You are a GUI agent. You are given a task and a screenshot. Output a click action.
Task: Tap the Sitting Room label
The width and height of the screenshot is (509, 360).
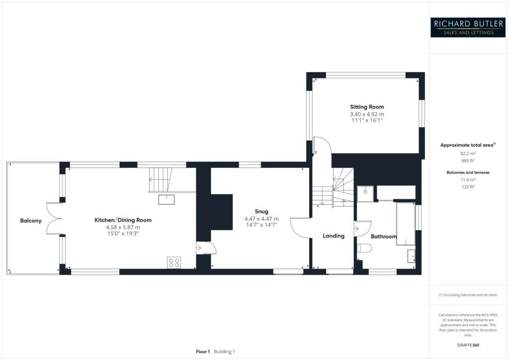point(367,107)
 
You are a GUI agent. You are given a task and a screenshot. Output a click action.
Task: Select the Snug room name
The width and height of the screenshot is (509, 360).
point(261,211)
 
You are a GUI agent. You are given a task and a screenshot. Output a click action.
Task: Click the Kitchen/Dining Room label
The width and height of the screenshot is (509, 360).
point(123,220)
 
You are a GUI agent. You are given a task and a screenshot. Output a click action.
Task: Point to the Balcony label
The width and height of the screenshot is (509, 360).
point(31,220)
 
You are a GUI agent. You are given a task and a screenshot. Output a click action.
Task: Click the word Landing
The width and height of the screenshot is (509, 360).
point(334,236)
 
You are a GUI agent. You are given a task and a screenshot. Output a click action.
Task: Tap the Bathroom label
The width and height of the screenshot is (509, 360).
point(384,237)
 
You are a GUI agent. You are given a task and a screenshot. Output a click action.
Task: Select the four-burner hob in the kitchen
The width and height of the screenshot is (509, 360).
point(174,262)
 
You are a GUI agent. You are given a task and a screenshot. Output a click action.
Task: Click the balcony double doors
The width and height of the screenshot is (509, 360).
point(53,219)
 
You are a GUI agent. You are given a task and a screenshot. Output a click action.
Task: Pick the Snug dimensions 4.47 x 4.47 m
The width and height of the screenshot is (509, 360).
point(261,219)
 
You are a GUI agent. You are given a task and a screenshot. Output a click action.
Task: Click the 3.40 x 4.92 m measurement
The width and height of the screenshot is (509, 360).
point(367,114)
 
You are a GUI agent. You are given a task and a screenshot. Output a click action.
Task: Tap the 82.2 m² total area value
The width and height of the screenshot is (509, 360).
point(468,154)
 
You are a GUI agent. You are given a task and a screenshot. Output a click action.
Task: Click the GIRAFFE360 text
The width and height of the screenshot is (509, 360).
point(468,345)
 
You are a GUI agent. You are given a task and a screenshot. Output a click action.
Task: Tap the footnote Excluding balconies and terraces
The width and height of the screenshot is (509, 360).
point(468,295)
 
